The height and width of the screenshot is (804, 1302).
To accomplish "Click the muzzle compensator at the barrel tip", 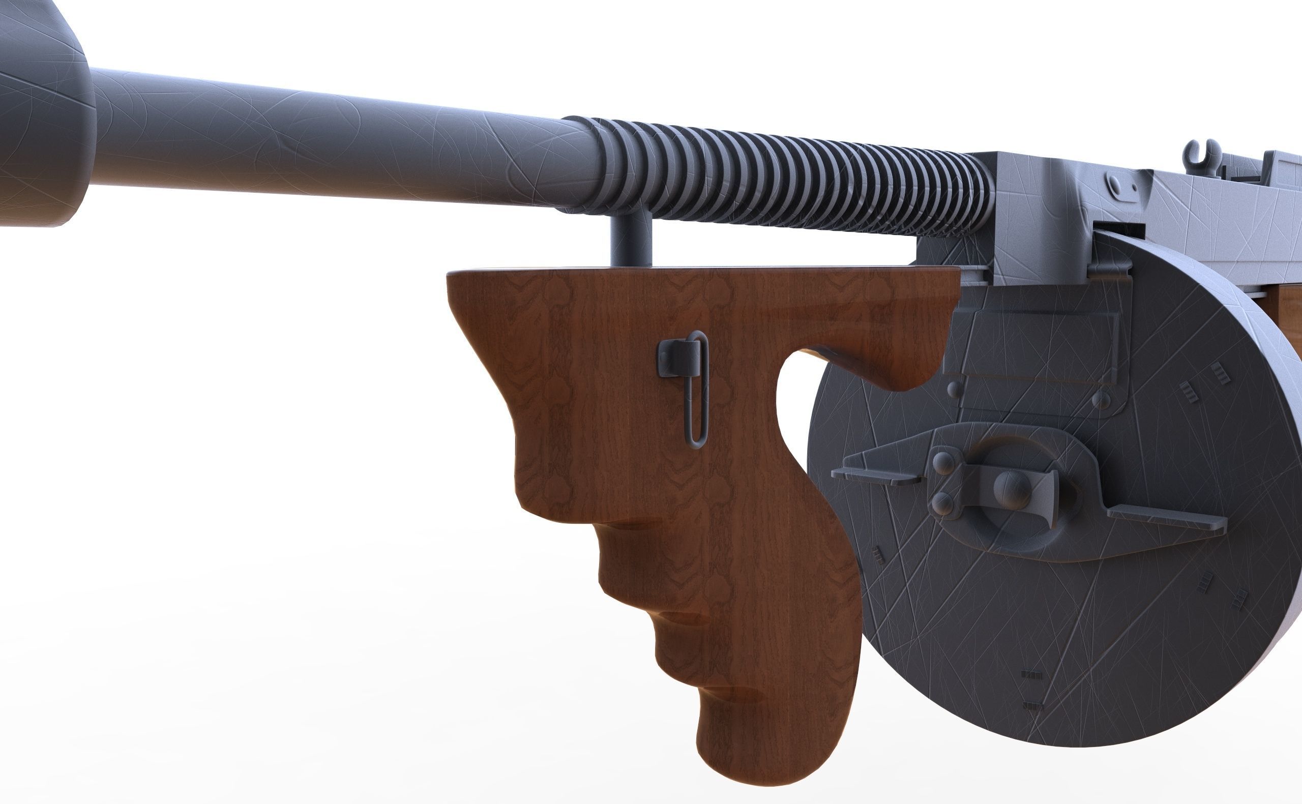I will (x=37, y=106).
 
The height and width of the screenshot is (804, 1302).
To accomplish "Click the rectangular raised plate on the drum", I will (x=1037, y=346).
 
